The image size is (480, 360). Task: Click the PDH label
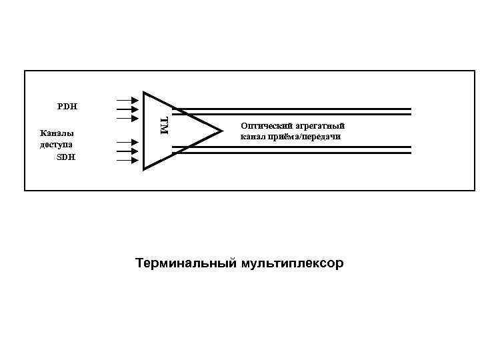[67, 106]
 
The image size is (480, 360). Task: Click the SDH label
[65, 157]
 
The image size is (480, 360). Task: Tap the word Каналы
[57, 132]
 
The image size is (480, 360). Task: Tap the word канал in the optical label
[253, 137]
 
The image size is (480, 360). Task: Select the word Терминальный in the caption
[185, 263]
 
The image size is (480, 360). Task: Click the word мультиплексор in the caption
[290, 263]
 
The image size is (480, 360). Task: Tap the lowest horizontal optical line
[293, 153]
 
